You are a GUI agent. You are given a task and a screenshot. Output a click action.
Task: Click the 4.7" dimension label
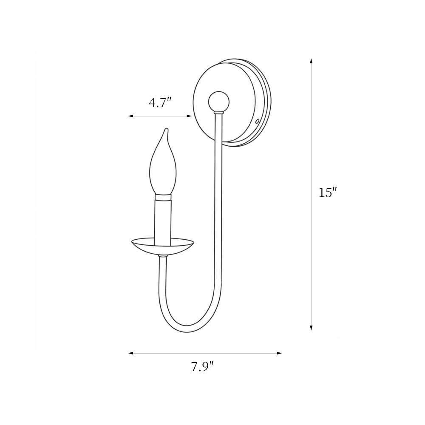click(160, 102)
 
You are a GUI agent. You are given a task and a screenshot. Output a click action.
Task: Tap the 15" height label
click(328, 193)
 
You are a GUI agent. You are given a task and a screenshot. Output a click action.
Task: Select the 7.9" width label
click(203, 367)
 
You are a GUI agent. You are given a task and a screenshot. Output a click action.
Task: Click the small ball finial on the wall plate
click(219, 102)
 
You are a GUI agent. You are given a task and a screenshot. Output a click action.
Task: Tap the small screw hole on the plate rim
click(258, 122)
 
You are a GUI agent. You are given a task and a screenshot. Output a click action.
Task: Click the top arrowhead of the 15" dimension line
click(311, 61)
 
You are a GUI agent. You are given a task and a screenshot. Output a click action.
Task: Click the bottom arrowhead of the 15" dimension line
click(311, 327)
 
